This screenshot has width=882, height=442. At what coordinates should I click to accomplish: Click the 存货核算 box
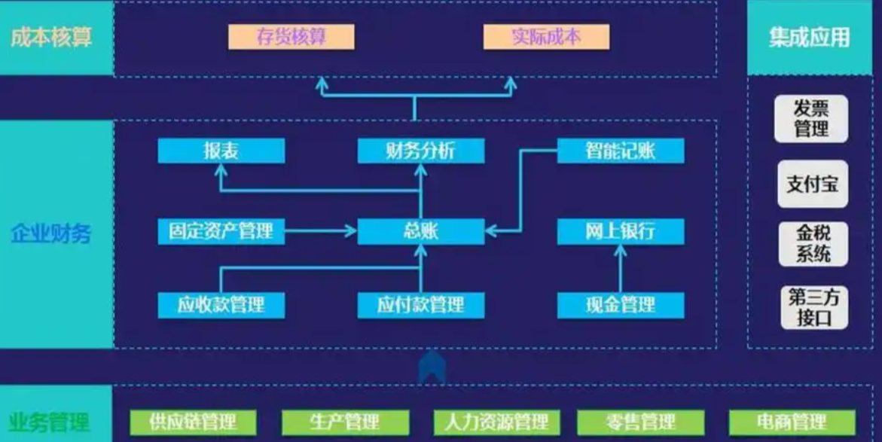tap(291, 37)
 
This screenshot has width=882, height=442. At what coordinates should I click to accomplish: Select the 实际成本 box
tap(546, 37)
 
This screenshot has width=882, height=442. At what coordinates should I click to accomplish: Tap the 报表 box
tap(221, 151)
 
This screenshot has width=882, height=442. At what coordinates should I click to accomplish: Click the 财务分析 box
tap(420, 151)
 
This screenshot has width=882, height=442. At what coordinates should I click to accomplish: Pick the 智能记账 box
tap(620, 151)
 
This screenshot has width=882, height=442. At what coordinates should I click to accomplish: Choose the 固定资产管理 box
tap(221, 231)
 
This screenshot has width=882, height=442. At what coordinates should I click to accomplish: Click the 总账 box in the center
tap(420, 231)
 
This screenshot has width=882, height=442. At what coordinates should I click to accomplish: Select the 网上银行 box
tap(620, 231)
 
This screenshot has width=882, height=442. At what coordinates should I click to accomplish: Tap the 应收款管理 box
tap(221, 305)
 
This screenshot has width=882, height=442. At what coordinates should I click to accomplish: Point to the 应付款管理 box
tap(420, 305)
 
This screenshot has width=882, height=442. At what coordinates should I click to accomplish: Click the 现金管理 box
tap(620, 305)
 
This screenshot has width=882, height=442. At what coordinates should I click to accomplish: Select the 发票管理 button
tap(811, 119)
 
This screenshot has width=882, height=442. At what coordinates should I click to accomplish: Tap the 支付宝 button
tap(812, 184)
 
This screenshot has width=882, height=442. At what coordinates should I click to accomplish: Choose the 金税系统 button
tap(812, 244)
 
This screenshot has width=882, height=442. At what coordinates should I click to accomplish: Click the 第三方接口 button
tap(812, 307)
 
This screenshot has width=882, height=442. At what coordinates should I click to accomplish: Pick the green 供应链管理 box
tap(193, 421)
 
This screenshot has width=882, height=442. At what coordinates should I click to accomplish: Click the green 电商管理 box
tap(792, 421)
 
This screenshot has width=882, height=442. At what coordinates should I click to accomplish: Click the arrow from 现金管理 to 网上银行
tap(620, 268)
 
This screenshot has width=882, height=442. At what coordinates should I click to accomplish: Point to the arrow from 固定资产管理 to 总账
tap(320, 231)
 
